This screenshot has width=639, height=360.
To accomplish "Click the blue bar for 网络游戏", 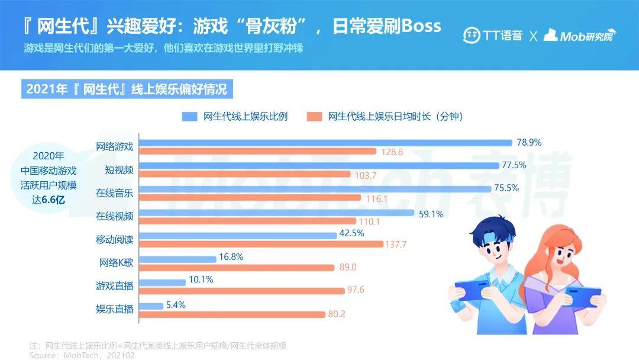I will pos(325,143).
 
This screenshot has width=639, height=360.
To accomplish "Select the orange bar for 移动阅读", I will pos(260,244).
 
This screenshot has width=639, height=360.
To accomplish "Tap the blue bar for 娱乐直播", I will pos(151,306).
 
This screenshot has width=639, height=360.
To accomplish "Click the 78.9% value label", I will pos(529,142).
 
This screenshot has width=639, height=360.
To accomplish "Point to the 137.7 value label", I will pos(396,244).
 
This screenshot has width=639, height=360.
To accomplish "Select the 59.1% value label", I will pos(431,214).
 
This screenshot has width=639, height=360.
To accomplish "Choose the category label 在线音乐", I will pos(115,194).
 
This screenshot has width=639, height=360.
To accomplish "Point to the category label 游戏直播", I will pos(115,286).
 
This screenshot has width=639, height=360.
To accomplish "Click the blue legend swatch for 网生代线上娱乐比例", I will pos(189,117).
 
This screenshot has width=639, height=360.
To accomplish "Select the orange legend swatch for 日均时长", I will pos(314,117).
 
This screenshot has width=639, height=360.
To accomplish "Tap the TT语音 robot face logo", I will pos(472,35).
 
